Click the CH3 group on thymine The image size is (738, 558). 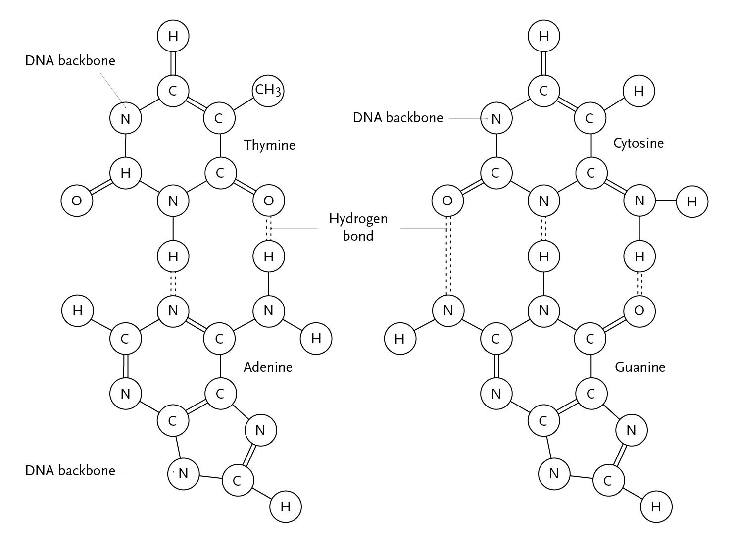[268, 90]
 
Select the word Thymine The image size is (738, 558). [269, 145]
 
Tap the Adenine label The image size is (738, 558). [268, 367]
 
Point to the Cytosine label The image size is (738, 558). [638, 143]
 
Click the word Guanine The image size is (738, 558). [640, 367]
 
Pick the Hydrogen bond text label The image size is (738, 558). [358, 227]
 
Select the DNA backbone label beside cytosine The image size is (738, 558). [397, 118]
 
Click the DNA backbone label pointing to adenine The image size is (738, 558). [70, 470]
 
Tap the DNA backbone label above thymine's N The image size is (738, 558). [70, 60]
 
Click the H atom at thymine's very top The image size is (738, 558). [173, 36]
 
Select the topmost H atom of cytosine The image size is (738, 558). [543, 36]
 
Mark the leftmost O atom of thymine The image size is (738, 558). [77, 201]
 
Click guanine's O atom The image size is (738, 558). [639, 310]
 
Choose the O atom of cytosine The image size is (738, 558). [447, 201]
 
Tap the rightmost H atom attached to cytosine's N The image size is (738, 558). [691, 202]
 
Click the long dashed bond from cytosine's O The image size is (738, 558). [447, 255]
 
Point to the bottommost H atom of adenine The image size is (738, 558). [285, 507]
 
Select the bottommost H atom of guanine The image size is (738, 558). [656, 507]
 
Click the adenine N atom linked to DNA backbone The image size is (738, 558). [183, 474]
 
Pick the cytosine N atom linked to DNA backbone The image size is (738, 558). [496, 119]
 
